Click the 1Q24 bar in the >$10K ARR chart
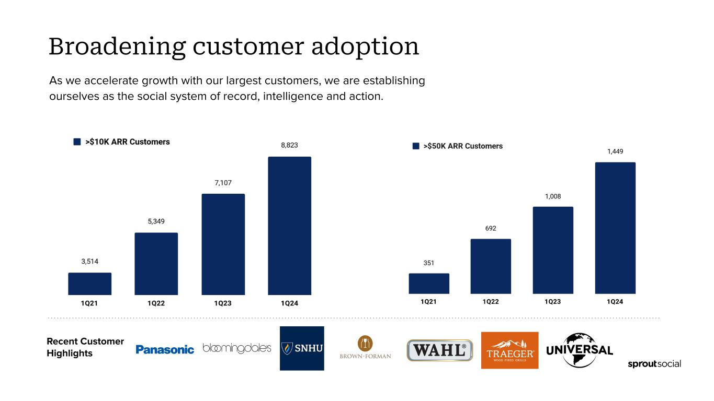click(289, 226)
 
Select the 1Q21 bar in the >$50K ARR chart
click(429, 284)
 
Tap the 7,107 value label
click(223, 183)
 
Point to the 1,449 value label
click(615, 151)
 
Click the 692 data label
click(491, 228)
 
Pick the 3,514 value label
click(90, 261)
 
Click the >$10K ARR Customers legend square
click(77, 141)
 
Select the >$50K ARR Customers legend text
click(463, 146)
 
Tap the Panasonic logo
click(165, 349)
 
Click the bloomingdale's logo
click(237, 348)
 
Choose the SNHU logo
click(302, 348)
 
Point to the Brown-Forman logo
click(365, 347)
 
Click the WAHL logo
click(440, 350)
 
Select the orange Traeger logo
click(509, 350)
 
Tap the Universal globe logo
click(580, 350)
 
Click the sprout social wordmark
click(654, 364)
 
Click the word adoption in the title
click(365, 47)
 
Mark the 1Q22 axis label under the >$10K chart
click(156, 303)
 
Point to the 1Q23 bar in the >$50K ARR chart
click(553, 250)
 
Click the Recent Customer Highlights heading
click(85, 347)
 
